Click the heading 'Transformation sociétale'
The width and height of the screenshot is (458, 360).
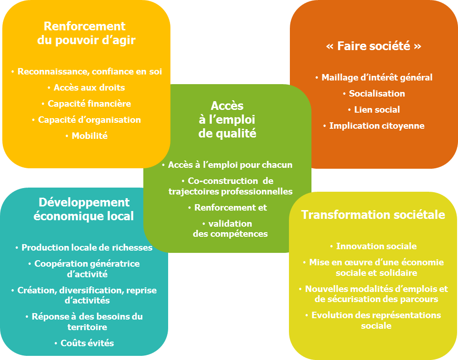(x=373, y=215)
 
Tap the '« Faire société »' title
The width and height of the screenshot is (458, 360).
(x=373, y=46)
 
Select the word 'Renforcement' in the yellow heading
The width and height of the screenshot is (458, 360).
(x=85, y=26)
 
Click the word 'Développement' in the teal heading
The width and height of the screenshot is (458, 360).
(x=84, y=203)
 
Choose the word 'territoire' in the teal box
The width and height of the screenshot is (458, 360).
(x=87, y=327)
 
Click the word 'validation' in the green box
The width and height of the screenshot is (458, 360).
(x=230, y=224)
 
